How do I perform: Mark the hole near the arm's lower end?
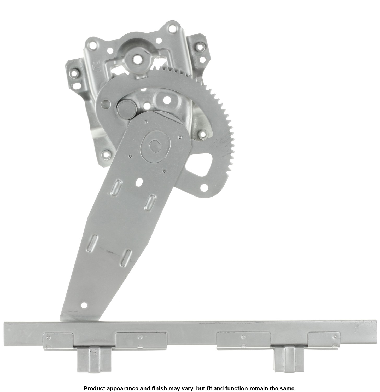84,305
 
